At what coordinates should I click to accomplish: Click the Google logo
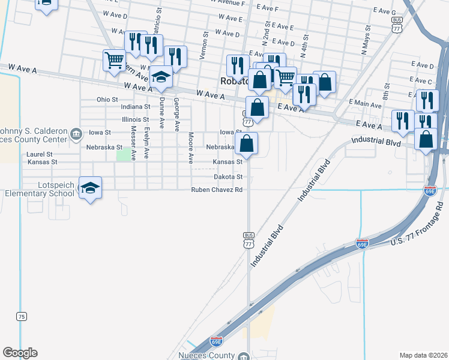coord(20,353)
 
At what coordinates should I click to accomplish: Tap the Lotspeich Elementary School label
coord(40,189)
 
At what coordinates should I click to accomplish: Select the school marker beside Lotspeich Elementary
coord(90,188)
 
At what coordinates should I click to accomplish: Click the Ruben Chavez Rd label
coord(217,190)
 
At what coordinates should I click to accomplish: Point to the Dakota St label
coord(228,177)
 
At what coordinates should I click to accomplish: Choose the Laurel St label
coord(40,154)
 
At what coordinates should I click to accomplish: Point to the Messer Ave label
coord(133,143)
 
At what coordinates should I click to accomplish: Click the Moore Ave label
coord(191,148)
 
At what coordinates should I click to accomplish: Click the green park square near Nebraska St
coord(122,155)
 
